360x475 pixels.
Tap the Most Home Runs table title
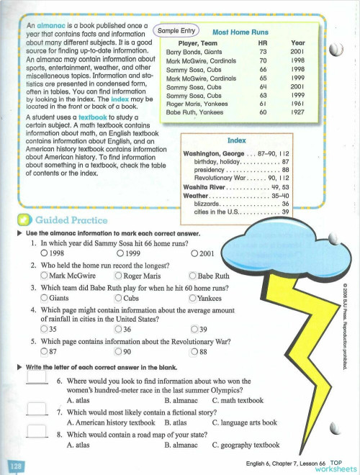(x=240, y=32)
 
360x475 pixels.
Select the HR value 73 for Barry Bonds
(x=263, y=52)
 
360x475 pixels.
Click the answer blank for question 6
(x=37, y=381)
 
